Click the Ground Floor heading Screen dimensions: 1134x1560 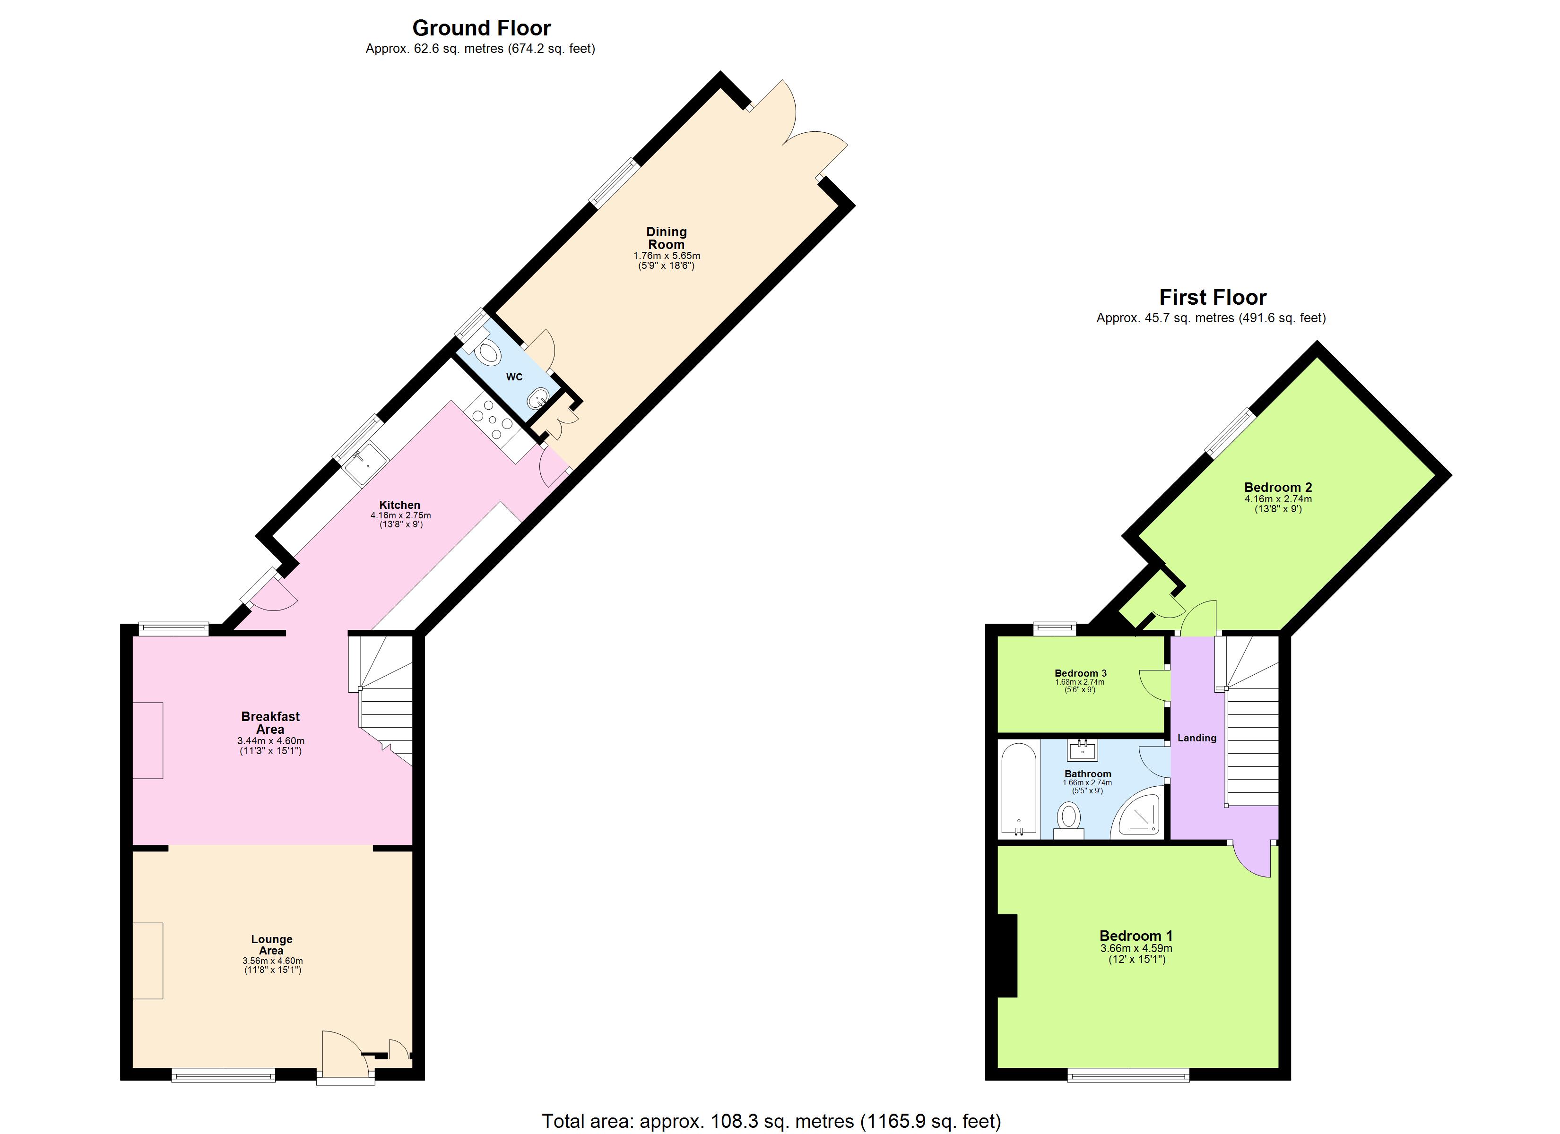click(482, 28)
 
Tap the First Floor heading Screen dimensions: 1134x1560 click(1212, 297)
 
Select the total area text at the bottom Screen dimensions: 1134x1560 click(771, 1121)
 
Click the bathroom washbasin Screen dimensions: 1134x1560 click(1083, 749)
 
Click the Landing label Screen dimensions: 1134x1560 click(1197, 738)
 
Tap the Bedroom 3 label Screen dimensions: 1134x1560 click(1080, 673)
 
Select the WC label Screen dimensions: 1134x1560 click(514, 377)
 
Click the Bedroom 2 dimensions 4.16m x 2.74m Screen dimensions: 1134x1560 click(1277, 499)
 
